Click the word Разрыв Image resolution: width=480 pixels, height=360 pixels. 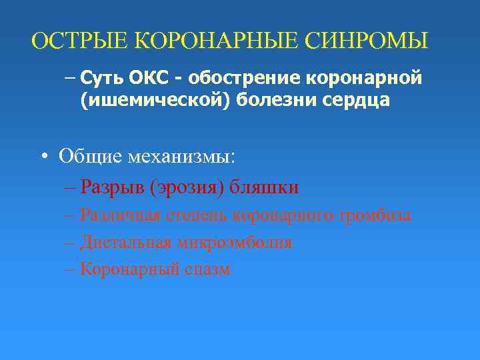pos(112,187)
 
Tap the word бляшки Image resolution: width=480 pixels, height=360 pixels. pos(264,187)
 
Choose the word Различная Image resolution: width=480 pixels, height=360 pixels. pos(121,215)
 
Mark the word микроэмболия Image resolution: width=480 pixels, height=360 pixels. pos(234,242)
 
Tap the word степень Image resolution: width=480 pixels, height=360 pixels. pos(197,215)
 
